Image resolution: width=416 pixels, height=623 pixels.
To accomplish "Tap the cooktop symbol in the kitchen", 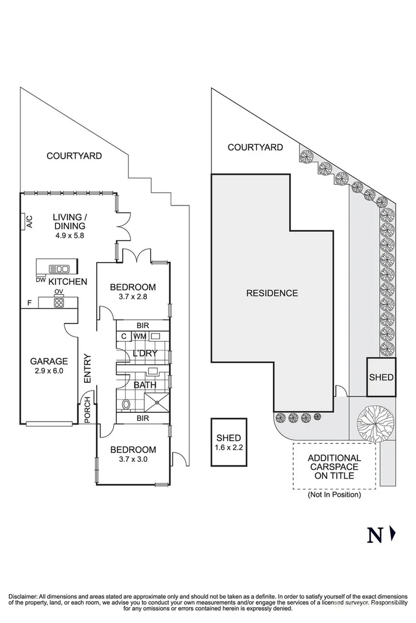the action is click(x=59, y=302).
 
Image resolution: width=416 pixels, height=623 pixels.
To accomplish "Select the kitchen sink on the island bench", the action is click(x=61, y=269).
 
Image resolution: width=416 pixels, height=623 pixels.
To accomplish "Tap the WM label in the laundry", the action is click(x=140, y=336).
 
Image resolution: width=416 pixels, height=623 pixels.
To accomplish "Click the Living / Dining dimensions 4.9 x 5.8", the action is click(x=70, y=236).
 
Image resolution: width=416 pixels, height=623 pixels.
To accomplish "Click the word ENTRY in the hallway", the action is click(x=88, y=368).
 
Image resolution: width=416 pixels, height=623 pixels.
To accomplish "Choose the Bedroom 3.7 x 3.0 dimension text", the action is click(x=133, y=460).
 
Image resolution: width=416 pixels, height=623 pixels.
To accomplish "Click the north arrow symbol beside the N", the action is click(x=393, y=532).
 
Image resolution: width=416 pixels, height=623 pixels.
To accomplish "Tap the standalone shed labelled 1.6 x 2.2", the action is click(x=228, y=442).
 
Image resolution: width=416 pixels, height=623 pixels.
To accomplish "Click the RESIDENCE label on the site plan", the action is click(x=272, y=293).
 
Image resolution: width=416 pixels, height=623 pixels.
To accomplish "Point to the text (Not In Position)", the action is click(x=334, y=495).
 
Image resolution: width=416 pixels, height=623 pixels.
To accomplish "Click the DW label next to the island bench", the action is click(x=40, y=280).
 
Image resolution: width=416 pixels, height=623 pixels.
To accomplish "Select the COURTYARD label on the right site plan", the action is click(x=255, y=147).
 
